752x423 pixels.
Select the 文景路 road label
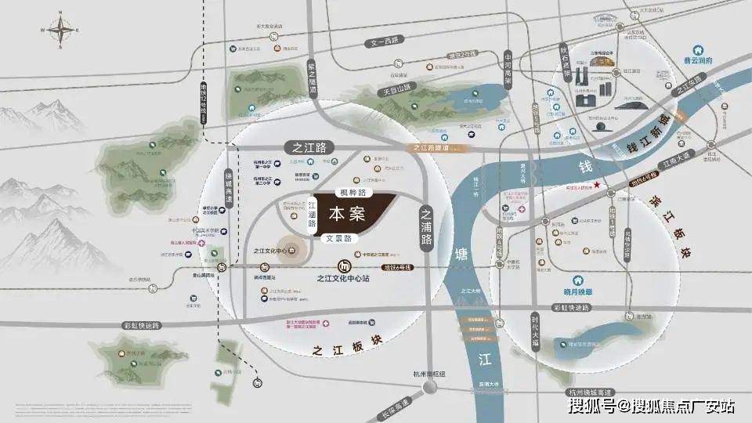(341, 237)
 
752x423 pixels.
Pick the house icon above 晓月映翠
(579, 280)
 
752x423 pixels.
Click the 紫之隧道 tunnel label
(312, 79)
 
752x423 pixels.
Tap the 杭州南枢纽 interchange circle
(429, 388)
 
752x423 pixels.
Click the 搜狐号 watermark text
(592, 406)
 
